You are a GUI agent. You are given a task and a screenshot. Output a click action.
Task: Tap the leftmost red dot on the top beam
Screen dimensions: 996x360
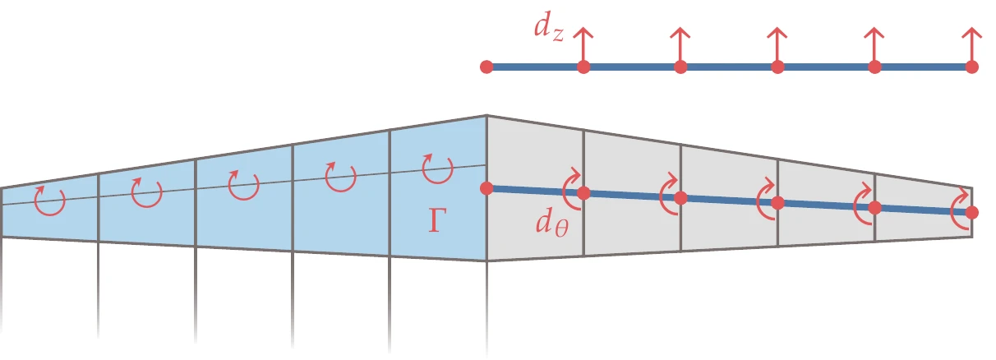coord(486,67)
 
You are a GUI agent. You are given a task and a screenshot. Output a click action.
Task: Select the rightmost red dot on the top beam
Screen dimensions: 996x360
coord(972,67)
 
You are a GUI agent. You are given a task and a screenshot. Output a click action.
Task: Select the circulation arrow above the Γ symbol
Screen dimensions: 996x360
coord(436,168)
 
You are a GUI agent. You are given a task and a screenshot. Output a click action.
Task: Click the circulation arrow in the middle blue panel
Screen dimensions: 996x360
coord(243,186)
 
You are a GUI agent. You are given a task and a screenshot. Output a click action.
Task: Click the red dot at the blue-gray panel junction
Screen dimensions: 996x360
coord(486,188)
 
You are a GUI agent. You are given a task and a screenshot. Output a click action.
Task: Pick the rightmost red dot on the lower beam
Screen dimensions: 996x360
coord(972,212)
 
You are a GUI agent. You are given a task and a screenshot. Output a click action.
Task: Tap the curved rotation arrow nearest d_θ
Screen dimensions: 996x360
coord(573,191)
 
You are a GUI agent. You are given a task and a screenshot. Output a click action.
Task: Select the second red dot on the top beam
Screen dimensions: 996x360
coord(583,67)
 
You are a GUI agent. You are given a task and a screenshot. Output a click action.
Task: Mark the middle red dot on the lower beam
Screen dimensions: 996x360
coord(777,202)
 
